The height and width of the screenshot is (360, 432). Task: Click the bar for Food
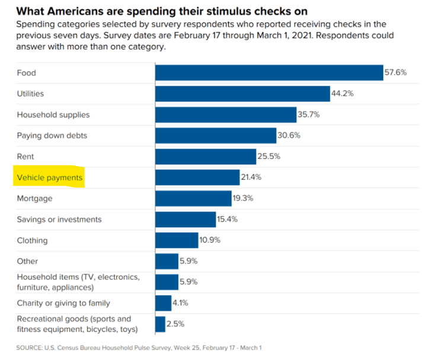click(269, 72)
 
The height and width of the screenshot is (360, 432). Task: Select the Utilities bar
click(242, 94)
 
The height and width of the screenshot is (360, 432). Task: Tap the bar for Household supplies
click(226, 114)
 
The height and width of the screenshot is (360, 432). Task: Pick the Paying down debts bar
click(216, 135)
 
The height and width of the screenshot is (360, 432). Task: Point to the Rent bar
click(206, 157)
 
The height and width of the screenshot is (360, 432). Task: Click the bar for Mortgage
click(193, 199)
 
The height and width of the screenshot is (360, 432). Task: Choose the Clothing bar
click(177, 240)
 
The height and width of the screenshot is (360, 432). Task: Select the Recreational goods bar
click(160, 324)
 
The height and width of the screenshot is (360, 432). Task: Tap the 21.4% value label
click(251, 177)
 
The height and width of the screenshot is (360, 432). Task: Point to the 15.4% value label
click(228, 219)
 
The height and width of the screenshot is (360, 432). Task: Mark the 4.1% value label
click(180, 303)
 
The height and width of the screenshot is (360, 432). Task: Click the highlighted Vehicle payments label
click(50, 177)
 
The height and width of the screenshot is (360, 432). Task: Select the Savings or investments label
click(59, 219)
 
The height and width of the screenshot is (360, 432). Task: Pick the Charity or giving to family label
click(63, 303)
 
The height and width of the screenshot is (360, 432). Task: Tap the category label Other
click(27, 261)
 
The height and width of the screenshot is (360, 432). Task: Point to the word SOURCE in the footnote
click(28, 348)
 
